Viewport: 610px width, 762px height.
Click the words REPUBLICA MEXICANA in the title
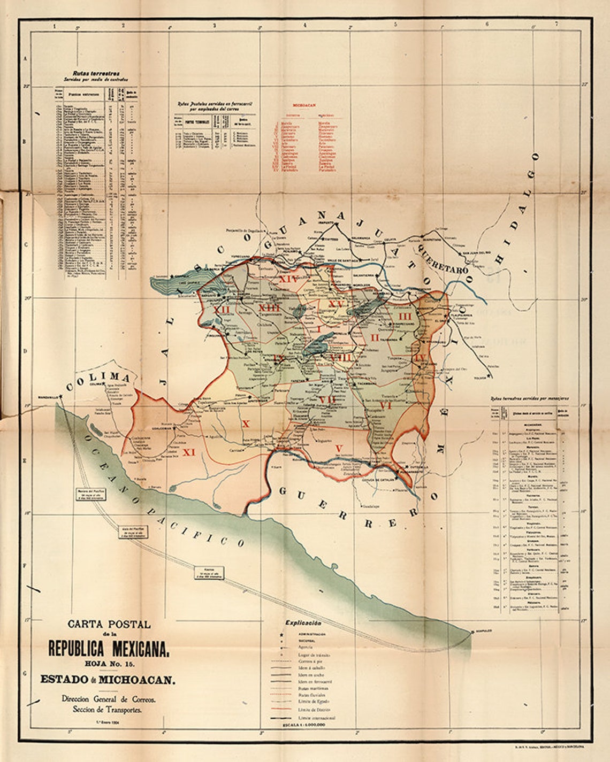109,648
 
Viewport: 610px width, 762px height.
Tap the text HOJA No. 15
109,664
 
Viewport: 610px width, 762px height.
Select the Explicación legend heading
303,623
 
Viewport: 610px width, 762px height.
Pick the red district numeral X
246,424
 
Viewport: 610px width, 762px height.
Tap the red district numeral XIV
288,279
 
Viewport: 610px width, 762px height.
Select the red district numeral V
338,448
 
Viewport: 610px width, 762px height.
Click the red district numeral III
403,317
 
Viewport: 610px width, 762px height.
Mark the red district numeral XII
221,310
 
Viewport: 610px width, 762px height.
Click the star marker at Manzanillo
62,396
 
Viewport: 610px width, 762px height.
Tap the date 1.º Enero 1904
109,723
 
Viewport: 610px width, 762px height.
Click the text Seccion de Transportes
109,710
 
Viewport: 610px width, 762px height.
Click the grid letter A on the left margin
24,58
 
